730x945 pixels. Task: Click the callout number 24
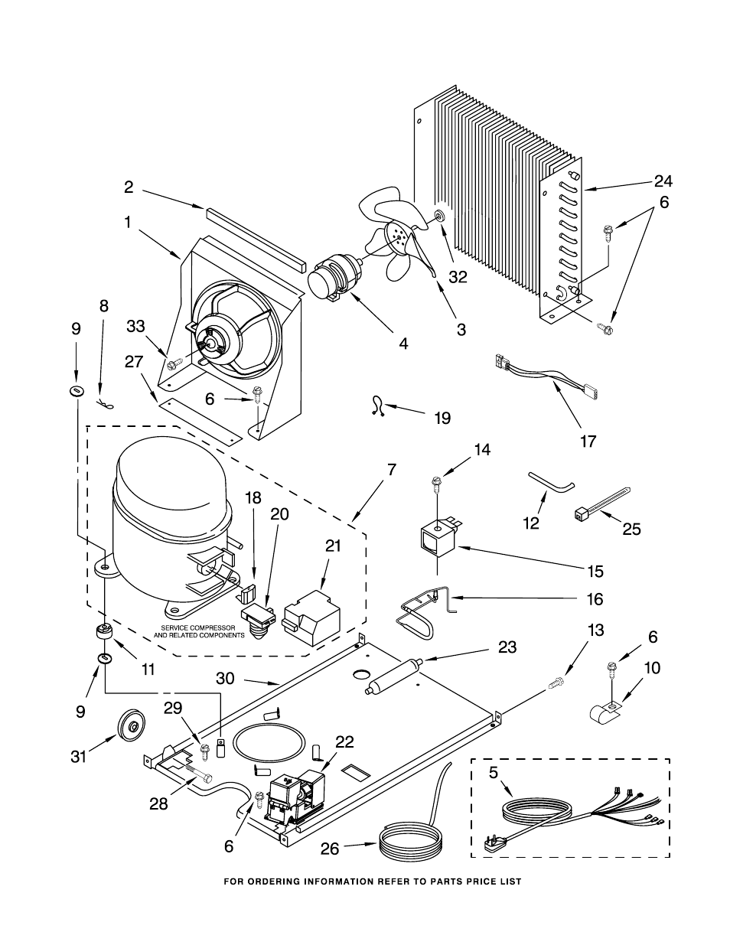663,181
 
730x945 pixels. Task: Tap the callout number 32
458,277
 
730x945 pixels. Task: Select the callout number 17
588,442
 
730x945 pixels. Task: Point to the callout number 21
333,546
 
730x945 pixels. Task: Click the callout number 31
79,757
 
